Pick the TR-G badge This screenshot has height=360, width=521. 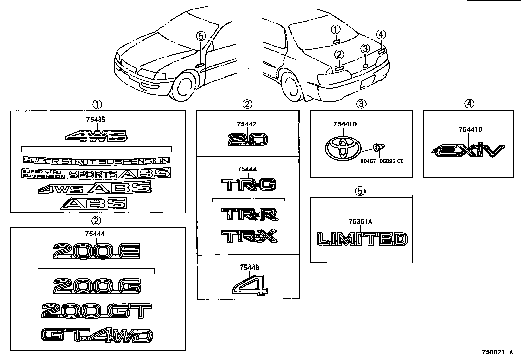tap(248, 185)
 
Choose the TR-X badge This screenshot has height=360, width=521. tap(249, 236)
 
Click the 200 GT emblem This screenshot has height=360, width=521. tap(97, 311)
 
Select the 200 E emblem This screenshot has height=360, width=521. tap(97, 252)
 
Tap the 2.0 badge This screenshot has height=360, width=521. tap(248, 140)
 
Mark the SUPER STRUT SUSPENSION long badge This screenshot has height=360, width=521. tap(97, 161)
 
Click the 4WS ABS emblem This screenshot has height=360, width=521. tap(95, 188)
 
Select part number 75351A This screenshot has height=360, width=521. tap(360, 221)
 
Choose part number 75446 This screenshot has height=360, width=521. tap(249, 268)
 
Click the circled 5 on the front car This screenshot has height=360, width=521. tap(201, 36)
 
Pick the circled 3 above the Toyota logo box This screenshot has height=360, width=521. tap(361, 104)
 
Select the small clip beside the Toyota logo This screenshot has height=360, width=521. tap(379, 147)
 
